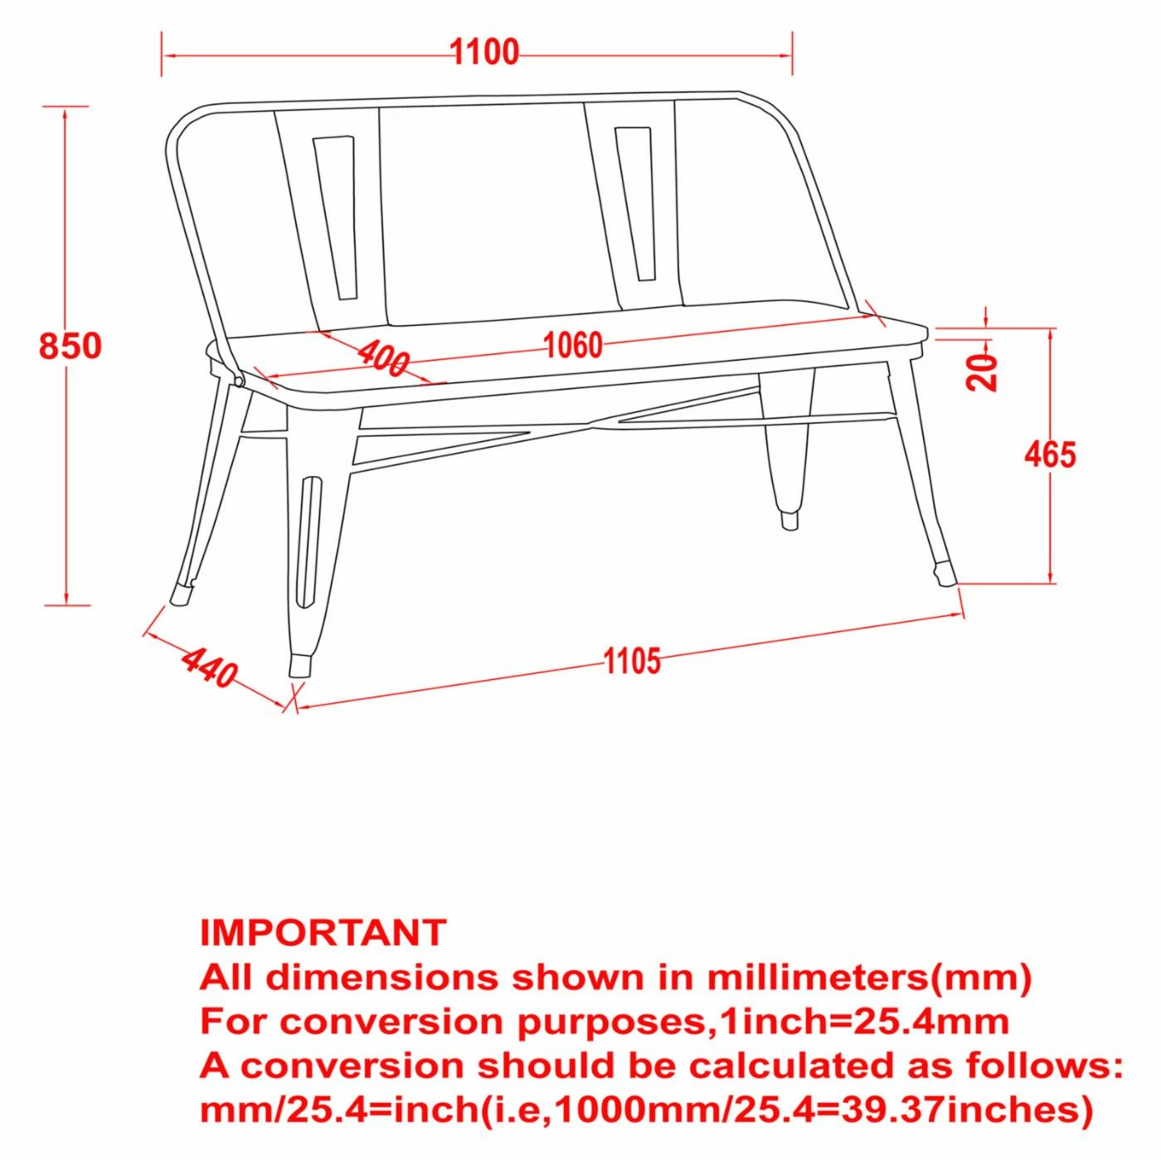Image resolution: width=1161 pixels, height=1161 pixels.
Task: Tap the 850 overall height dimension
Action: click(70, 346)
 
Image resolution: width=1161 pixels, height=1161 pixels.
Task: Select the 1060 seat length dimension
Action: click(573, 345)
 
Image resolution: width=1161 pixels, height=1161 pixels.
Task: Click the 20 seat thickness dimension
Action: click(981, 372)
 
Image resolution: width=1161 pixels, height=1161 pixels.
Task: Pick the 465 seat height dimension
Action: click(1050, 454)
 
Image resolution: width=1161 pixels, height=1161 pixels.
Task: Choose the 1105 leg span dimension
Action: click(633, 661)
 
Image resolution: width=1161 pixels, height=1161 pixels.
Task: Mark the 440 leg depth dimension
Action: click(209, 668)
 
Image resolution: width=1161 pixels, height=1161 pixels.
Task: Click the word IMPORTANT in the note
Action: click(323, 932)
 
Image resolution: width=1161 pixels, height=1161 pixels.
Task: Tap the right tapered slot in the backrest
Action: click(634, 204)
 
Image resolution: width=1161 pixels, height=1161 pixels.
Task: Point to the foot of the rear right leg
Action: click(788, 520)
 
